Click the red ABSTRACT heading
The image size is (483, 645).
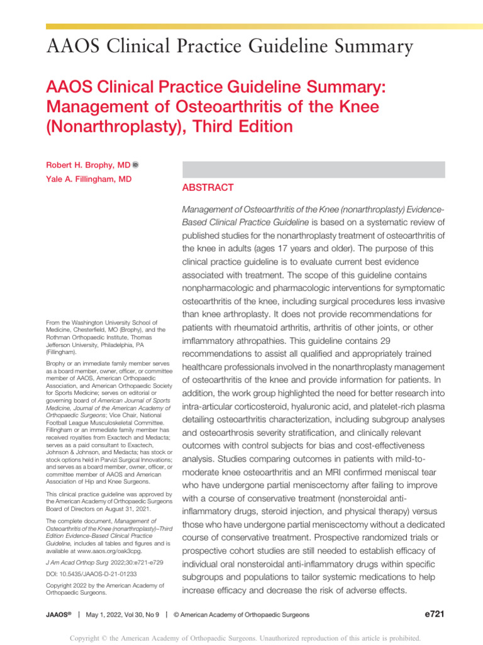[x=208, y=188]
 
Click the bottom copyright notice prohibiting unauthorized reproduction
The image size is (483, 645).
[x=241, y=637]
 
